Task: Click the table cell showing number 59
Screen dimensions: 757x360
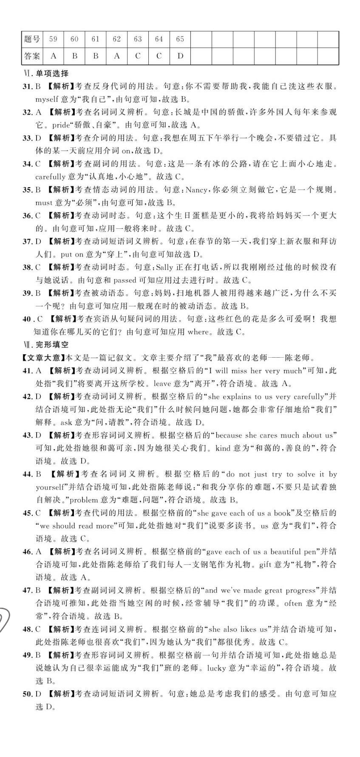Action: click(53, 39)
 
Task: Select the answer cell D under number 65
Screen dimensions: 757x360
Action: click(180, 56)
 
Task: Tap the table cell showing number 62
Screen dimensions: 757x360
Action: click(116, 39)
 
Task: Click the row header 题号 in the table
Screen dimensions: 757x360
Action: click(32, 39)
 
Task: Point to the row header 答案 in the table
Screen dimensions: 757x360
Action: click(32, 56)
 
